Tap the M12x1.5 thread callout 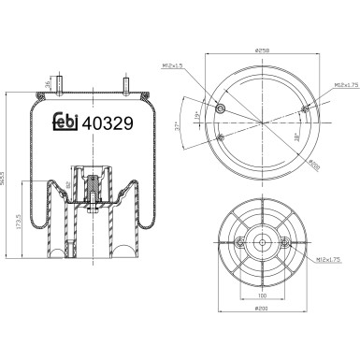tap(172, 65)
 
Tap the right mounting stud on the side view tap(125, 85)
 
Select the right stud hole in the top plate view tap(305, 112)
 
